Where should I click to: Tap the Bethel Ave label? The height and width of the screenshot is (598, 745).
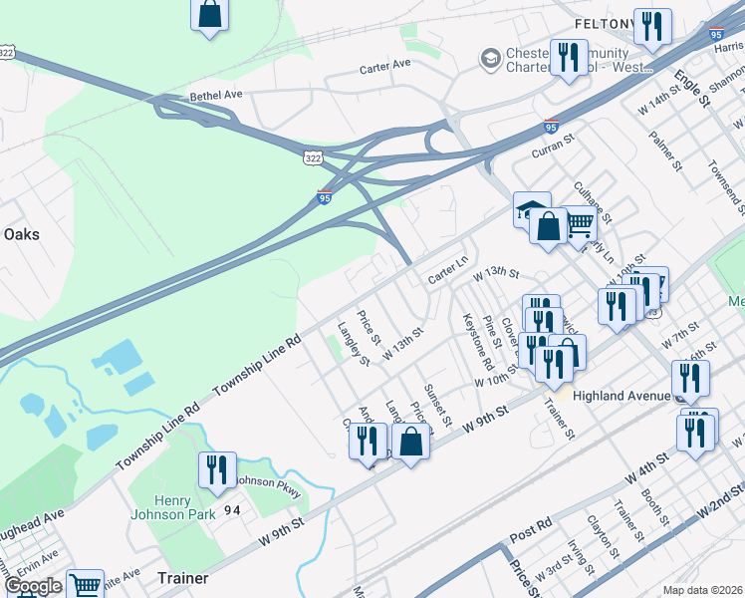point(216,96)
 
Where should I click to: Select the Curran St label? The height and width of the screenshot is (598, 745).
point(554,148)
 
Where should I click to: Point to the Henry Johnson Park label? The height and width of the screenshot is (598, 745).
point(172,507)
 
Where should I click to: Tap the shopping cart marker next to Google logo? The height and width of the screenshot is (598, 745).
point(86,584)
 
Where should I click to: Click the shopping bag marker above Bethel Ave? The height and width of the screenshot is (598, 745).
point(210,15)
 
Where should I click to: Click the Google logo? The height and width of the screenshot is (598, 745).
point(32,586)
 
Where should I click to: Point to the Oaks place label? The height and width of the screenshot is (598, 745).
point(21,234)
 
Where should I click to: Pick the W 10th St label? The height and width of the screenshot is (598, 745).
point(497,380)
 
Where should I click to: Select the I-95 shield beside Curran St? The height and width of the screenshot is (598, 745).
point(551,127)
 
